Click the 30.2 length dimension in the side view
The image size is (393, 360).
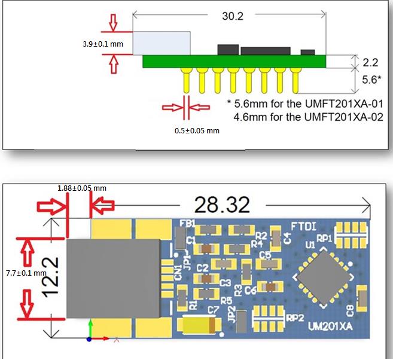point(232,17)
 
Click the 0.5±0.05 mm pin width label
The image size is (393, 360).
point(197,130)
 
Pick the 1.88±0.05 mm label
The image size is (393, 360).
point(81,188)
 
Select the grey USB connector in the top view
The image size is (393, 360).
point(114,278)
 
